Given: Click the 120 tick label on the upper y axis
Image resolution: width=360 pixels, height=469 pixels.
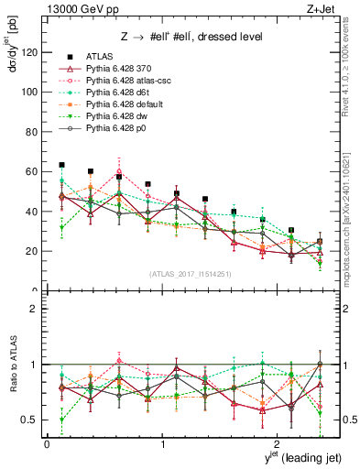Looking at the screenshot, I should click(x=28, y=52).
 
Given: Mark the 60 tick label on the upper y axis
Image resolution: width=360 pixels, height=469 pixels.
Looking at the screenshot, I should click(x=31, y=171).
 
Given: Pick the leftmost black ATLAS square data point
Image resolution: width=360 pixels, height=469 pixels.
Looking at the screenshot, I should click(x=62, y=165).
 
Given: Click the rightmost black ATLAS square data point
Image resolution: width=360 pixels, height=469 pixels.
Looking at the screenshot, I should click(x=319, y=242).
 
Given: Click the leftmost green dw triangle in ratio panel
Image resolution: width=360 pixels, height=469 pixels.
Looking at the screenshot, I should click(x=62, y=420).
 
